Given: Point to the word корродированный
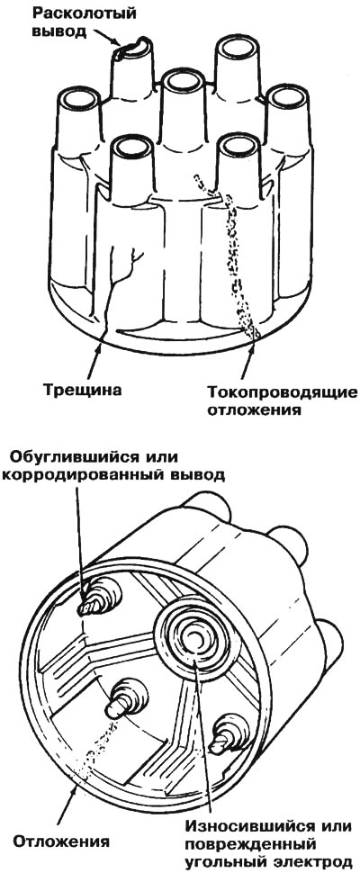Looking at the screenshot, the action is (81, 475).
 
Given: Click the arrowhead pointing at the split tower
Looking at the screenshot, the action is (116, 42).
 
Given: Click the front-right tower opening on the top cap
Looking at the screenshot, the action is (238, 146).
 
